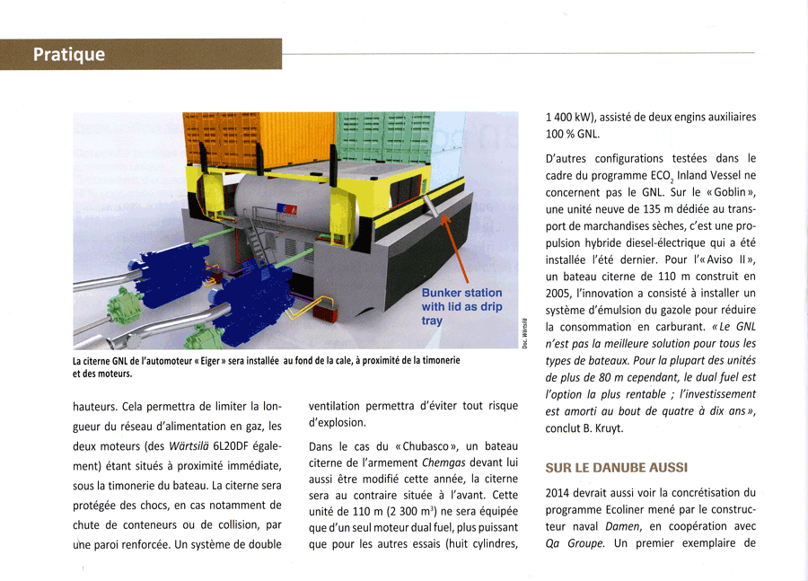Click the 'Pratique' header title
coord(69,55)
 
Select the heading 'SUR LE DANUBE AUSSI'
coord(616,468)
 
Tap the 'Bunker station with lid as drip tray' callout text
coord(461,306)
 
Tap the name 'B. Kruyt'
coord(598,428)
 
